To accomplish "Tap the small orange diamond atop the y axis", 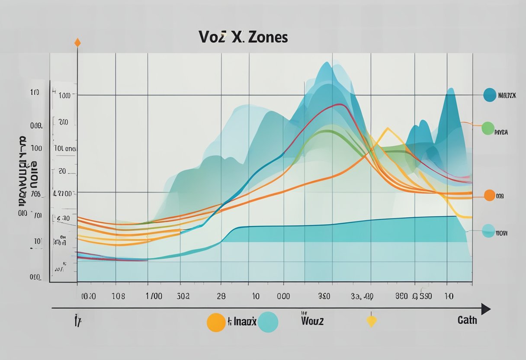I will pyautogui.click(x=77, y=42).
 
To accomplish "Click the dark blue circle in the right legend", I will pyautogui.click(x=490, y=95).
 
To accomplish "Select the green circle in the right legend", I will pyautogui.click(x=488, y=128).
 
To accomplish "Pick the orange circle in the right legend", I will pyautogui.click(x=489, y=195).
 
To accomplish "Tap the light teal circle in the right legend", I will pyautogui.click(x=488, y=231).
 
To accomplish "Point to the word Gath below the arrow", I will pyautogui.click(x=467, y=320).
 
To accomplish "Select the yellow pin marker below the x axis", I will pyautogui.click(x=371, y=321).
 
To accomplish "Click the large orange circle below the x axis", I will pyautogui.click(x=216, y=323).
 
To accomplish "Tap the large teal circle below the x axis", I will pyautogui.click(x=268, y=322).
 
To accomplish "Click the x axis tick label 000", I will pyautogui.click(x=283, y=296).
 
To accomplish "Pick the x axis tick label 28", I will pyautogui.click(x=222, y=296).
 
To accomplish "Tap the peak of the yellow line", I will pyautogui.click(x=387, y=129).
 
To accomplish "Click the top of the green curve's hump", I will pyautogui.click(x=328, y=131).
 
